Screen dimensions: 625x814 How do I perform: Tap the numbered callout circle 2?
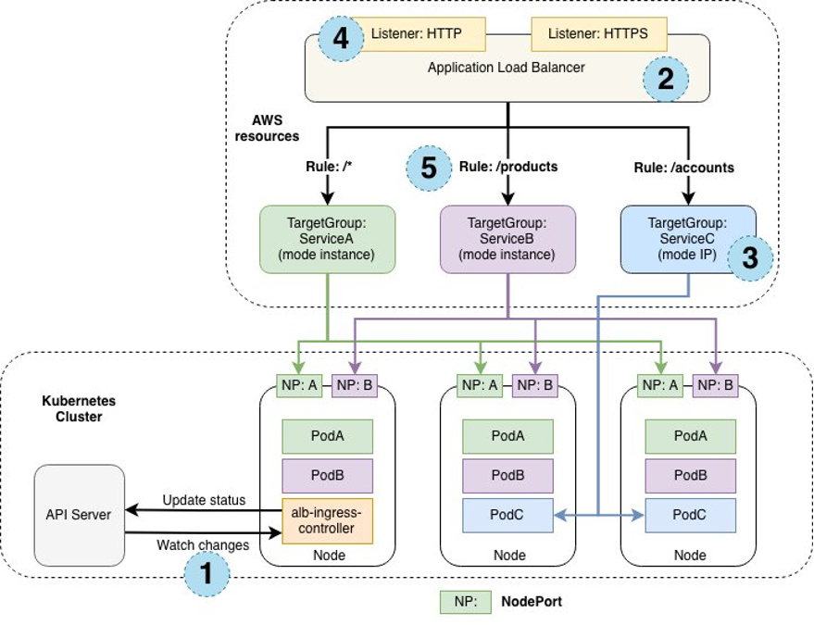point(665,80)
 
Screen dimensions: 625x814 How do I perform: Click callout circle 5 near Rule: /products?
point(428,169)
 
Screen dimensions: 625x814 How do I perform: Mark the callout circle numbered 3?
point(750,257)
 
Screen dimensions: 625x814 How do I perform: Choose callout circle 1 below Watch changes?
point(206,574)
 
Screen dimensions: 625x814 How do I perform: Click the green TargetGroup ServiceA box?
point(329,240)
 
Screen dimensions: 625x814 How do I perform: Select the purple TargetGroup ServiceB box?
point(507,240)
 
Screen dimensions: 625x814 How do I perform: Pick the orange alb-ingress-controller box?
point(327,520)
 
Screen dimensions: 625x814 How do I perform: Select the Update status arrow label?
point(204,500)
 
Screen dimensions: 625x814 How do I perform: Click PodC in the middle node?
point(507,514)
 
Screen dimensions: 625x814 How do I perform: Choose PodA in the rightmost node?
point(690,436)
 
